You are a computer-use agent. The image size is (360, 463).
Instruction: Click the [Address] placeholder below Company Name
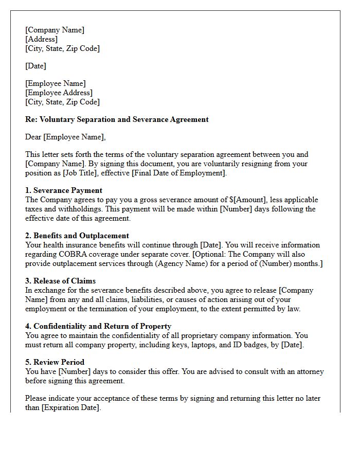tap(42, 39)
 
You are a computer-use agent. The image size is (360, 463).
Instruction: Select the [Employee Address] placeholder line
tap(59, 93)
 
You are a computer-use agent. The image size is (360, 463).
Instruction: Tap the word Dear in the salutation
tap(34, 137)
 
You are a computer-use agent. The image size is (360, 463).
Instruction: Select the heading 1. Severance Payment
tap(64, 190)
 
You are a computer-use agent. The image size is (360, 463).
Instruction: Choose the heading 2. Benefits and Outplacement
tap(77, 236)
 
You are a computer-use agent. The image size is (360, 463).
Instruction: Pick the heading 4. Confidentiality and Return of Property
tap(98, 326)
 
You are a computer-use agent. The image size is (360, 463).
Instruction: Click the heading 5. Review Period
tap(55, 362)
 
